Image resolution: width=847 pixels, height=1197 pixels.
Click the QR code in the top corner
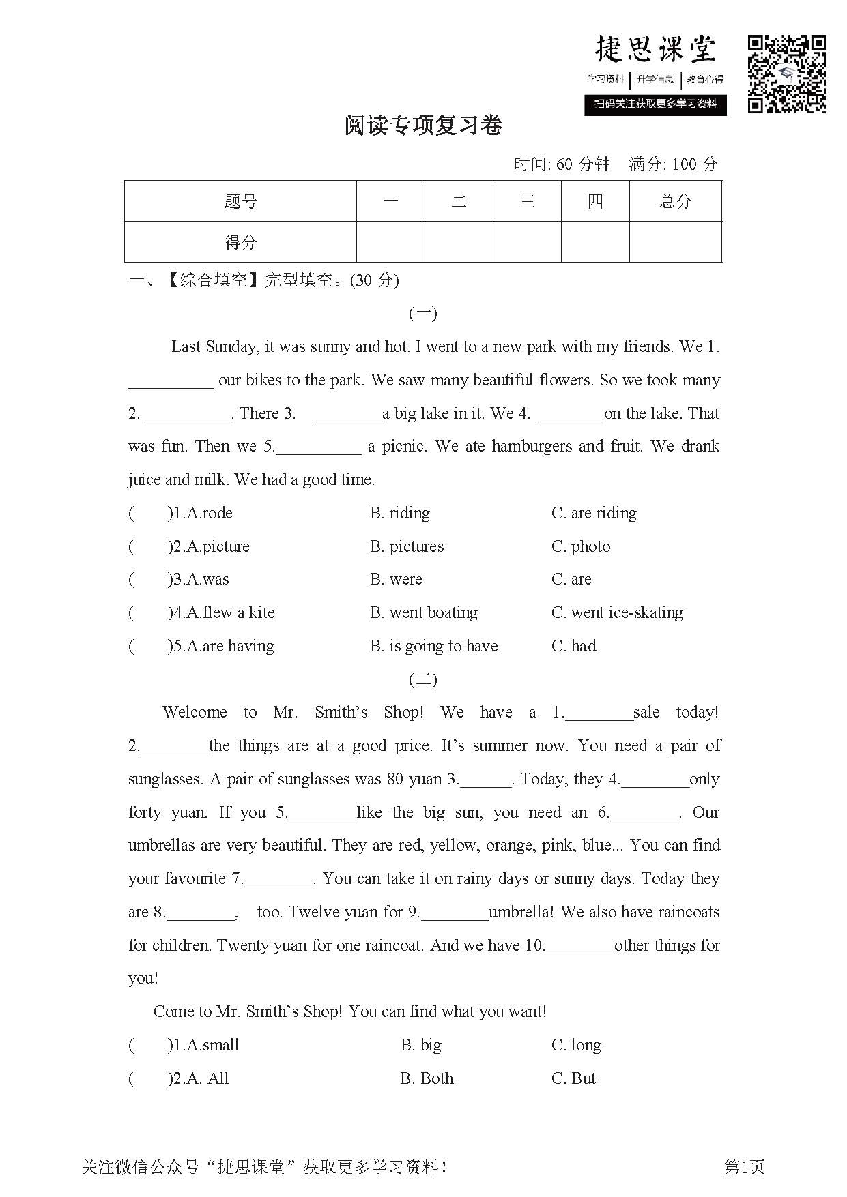787,74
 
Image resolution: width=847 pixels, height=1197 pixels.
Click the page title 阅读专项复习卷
424,125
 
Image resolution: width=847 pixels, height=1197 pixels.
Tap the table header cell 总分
675,201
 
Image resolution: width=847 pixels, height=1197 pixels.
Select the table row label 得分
240,242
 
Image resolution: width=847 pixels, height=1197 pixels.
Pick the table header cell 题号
240,201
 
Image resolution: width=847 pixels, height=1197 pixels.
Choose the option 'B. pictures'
407,546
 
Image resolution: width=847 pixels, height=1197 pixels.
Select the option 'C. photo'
581,546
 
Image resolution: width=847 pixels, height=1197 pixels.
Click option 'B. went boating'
423,612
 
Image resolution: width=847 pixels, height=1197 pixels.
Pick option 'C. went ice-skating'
617,612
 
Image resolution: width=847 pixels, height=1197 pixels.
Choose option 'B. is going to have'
433,646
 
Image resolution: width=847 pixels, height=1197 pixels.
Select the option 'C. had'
573,646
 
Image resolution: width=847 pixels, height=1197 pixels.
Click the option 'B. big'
421,1045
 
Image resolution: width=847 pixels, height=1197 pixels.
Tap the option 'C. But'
573,1078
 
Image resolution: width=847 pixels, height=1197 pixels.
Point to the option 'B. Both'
427,1078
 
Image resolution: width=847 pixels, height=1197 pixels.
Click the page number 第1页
744,1167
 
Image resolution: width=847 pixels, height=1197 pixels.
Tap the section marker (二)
422,679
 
